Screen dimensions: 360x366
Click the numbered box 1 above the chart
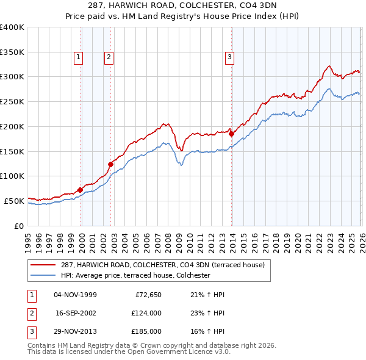click(79, 58)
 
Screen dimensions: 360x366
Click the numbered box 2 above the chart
click(109, 58)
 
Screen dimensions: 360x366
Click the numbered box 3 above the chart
click(229, 58)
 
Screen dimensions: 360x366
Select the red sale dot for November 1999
click(81, 190)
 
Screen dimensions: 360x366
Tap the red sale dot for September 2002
click(111, 164)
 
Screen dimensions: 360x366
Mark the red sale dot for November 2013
click(232, 134)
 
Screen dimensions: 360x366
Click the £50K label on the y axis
click(13, 201)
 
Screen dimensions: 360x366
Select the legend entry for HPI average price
click(135, 276)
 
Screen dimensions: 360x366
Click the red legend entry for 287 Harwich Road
click(162, 265)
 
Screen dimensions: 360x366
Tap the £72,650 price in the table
click(146, 295)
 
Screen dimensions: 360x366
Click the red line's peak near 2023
click(329, 66)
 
